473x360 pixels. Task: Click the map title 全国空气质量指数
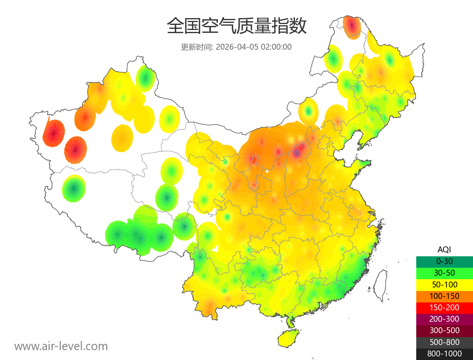point(236,26)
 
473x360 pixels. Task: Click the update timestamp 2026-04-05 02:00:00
point(254,47)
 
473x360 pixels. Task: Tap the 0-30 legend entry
point(444,261)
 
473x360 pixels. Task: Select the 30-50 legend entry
point(444,273)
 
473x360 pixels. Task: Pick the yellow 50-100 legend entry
point(444,284)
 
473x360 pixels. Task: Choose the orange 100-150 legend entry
point(444,296)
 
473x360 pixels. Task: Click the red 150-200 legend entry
point(444,308)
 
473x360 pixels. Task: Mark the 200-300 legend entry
point(444,319)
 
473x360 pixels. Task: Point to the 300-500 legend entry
point(444,330)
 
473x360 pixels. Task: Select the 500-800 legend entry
point(444,342)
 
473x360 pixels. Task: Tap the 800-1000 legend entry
point(444,354)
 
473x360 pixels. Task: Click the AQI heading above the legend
point(444,249)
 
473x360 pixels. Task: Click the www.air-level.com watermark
point(61,346)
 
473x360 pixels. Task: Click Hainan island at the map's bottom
point(289,338)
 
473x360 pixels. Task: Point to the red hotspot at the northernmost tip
point(352,26)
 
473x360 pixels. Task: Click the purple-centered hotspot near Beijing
point(298,151)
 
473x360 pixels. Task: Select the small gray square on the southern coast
point(324,306)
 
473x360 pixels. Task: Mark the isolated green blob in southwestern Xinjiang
point(74,188)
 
